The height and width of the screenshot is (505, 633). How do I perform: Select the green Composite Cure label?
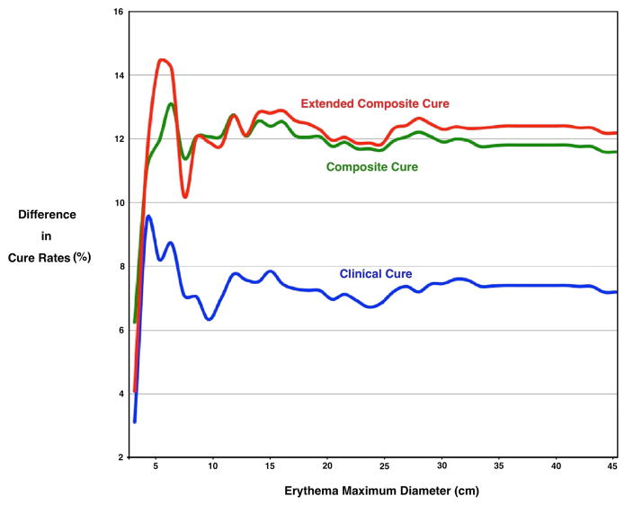tap(371, 167)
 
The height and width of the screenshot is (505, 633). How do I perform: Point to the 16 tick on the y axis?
tap(118, 13)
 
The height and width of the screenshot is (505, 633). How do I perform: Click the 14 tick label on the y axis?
tap(118, 75)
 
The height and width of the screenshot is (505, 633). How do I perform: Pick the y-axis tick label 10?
tap(118, 203)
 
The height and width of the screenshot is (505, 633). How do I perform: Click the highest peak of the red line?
tap(163, 60)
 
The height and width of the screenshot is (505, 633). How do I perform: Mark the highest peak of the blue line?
tap(148, 217)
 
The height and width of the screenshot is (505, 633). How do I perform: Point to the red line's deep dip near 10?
tap(184, 196)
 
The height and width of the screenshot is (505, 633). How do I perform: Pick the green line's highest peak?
tap(170, 104)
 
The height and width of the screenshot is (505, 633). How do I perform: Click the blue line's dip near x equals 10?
tap(209, 319)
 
